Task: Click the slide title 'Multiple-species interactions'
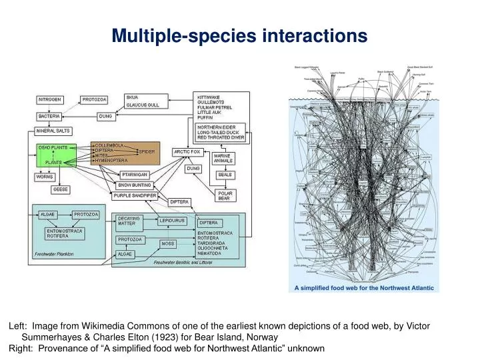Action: click(239, 35)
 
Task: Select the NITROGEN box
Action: click(50, 99)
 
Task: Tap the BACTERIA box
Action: click(49, 116)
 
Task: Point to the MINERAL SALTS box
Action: click(53, 131)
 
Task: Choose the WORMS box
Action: click(45, 177)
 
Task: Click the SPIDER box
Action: click(147, 151)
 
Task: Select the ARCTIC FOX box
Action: click(187, 152)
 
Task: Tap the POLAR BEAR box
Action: click(224, 195)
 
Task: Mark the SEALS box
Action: click(225, 175)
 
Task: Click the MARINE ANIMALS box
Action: click(223, 158)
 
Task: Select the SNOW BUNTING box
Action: click(135, 185)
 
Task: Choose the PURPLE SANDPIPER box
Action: click(135, 196)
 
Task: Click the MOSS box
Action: click(167, 243)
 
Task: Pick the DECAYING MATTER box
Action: click(129, 221)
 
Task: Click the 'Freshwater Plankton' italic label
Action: click(54, 254)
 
